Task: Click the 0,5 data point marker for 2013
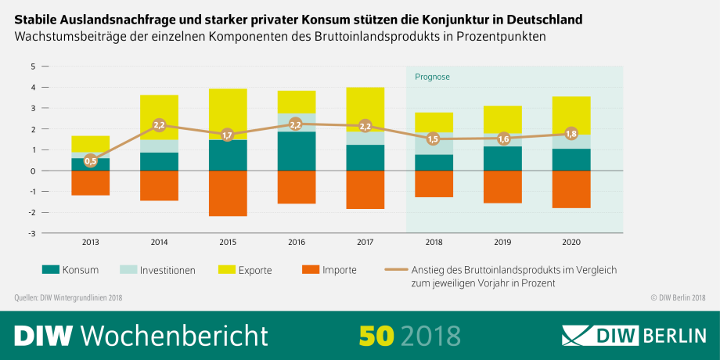coord(91,161)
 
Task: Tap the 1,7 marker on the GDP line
coord(228,135)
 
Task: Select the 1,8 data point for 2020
coord(571,134)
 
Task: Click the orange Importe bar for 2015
coord(228,193)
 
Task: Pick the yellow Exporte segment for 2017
coord(365,110)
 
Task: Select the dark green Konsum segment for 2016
coord(297,151)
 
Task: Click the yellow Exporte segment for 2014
coord(159,117)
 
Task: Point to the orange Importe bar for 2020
coord(571,189)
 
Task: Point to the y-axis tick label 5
coord(33,67)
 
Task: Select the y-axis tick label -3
coord(31,233)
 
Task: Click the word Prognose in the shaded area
coord(433,77)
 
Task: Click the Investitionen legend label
coord(167,270)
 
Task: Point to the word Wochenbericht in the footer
coord(174,334)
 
